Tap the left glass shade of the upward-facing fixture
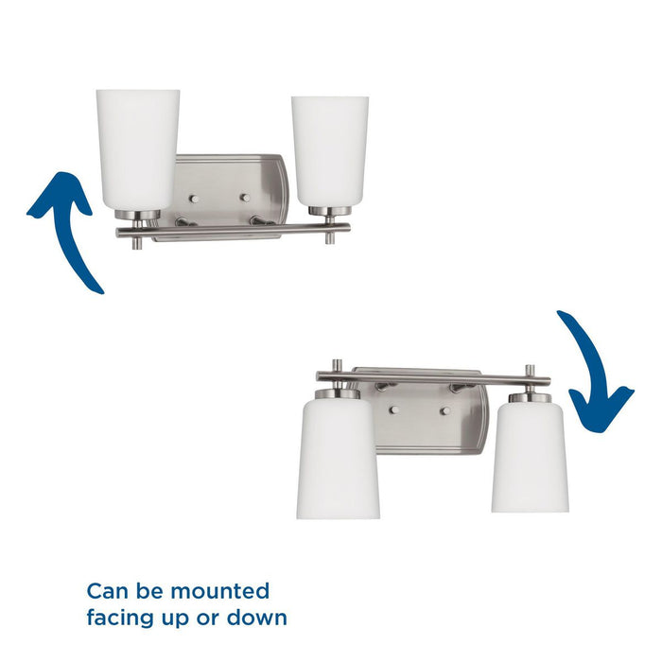pos(137,147)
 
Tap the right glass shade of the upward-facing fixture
pos(329,149)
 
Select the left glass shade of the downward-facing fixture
pos(338,459)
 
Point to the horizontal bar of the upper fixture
pos(236,228)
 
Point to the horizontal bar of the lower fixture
pos(435,379)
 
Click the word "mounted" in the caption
pos(222,592)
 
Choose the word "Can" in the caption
pos(106,592)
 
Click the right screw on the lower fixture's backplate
pos(444,410)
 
